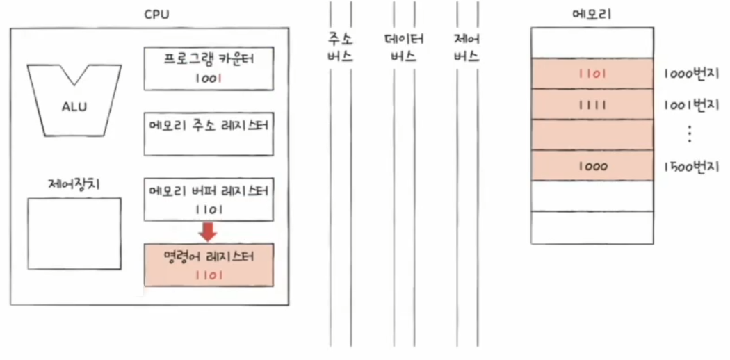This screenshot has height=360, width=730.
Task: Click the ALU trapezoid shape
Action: point(74,104)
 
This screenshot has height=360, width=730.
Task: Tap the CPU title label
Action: point(156,14)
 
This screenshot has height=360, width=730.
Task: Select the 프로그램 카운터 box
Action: point(209,68)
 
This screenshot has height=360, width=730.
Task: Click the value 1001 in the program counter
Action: point(209,79)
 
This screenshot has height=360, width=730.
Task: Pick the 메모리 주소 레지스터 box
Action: point(209,133)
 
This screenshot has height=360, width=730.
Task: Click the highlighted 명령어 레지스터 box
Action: point(209,265)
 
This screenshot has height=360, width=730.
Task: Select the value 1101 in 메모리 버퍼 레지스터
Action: point(209,208)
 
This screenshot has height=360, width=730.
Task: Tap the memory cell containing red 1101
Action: point(592,74)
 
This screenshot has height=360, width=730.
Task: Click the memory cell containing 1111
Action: point(592,104)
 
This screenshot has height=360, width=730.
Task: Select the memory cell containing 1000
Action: point(592,166)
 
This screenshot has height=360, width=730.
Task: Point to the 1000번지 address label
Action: point(691,74)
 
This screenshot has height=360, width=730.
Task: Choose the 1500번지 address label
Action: point(691,166)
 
